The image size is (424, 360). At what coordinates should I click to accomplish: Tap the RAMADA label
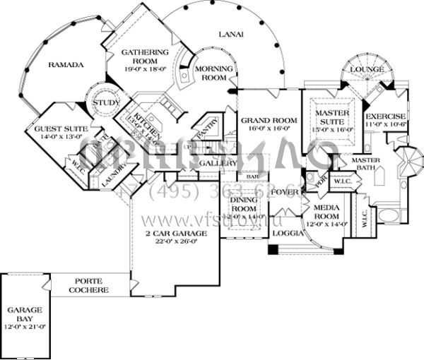pyautogui.click(x=66, y=65)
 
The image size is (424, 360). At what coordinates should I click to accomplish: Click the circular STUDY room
pyautogui.click(x=102, y=104)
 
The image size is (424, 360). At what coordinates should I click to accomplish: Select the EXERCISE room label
pyautogui.click(x=385, y=116)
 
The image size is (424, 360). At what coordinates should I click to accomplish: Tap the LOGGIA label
pyautogui.click(x=288, y=232)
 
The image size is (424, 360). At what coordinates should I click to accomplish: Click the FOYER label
pyautogui.click(x=285, y=192)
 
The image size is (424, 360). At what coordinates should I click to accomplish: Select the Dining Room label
pyautogui.click(x=244, y=205)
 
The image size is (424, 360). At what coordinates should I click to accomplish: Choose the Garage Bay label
pyautogui.click(x=25, y=314)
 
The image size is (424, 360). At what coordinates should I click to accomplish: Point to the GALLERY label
pyautogui.click(x=218, y=163)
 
